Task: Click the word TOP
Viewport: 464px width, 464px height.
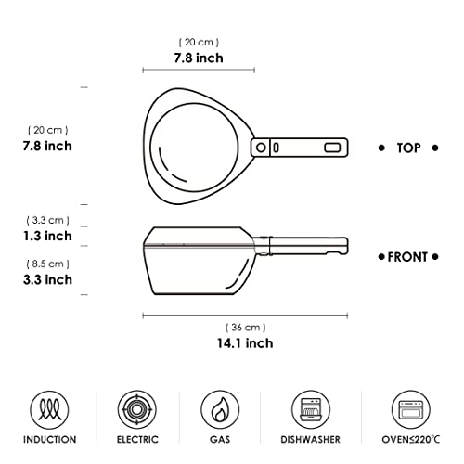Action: [x=409, y=148]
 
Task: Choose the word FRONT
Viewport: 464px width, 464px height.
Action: [x=409, y=256]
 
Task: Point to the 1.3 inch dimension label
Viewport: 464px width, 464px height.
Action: [x=46, y=236]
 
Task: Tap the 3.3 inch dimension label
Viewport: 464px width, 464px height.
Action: [x=46, y=278]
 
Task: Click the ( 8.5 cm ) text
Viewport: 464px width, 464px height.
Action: [x=46, y=263]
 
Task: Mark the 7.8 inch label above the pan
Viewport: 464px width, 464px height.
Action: [x=199, y=58]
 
